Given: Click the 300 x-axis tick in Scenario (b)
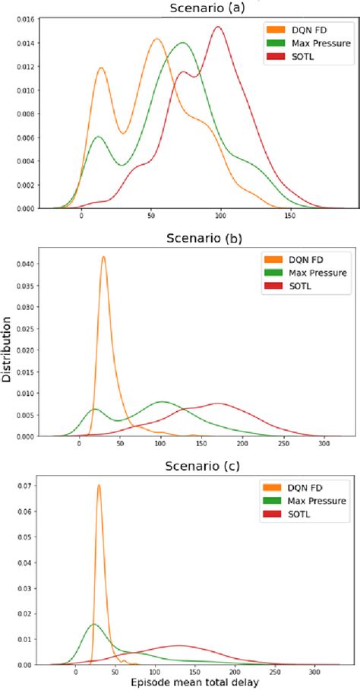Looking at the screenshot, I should coord(324,445).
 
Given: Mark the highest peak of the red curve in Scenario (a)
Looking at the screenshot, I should coord(218,27).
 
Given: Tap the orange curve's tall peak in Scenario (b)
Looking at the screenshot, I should coord(103,257).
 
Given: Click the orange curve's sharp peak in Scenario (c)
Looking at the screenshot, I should coord(99,486).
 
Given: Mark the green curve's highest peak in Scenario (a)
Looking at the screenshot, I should coord(182,43).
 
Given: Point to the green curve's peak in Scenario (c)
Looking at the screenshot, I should coord(93,625).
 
